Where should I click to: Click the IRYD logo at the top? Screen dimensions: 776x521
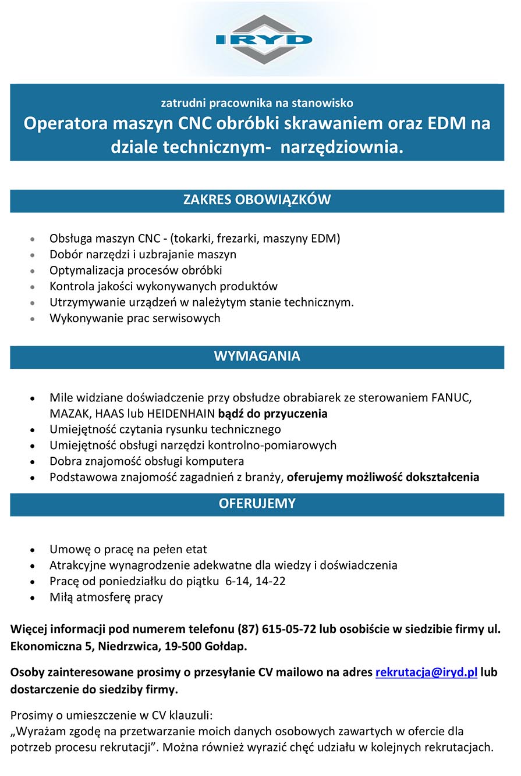point(264,40)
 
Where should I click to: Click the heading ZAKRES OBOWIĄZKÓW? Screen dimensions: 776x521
point(257,200)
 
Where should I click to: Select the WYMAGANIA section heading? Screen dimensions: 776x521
point(257,356)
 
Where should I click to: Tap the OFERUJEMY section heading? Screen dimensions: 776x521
point(257,504)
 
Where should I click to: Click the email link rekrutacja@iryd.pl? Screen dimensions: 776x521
point(426,672)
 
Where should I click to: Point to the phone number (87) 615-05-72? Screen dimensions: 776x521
point(273,629)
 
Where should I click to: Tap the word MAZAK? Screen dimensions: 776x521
point(66,414)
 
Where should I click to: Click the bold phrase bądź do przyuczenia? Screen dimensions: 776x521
point(273,414)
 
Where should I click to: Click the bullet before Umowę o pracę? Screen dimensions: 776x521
point(36,550)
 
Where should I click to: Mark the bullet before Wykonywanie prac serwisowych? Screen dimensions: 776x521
point(36,319)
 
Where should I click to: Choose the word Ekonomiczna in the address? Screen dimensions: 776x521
point(49,646)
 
